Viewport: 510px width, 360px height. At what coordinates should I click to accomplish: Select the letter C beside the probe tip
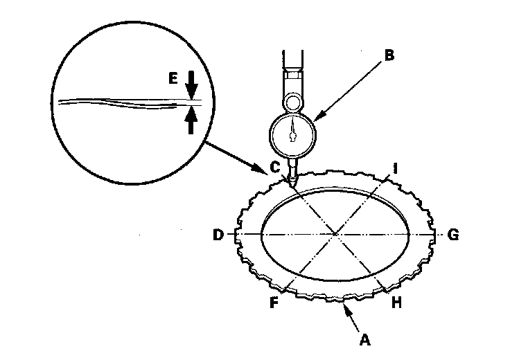276,168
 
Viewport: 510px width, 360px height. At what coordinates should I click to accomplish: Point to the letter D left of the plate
218,235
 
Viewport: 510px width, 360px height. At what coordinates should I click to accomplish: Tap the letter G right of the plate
453,235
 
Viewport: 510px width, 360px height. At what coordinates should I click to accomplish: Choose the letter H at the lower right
396,302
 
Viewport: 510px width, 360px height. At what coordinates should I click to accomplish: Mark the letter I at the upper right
395,168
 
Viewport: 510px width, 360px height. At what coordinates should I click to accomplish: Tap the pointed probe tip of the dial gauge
293,185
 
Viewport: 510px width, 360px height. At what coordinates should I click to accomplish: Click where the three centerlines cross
336,235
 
